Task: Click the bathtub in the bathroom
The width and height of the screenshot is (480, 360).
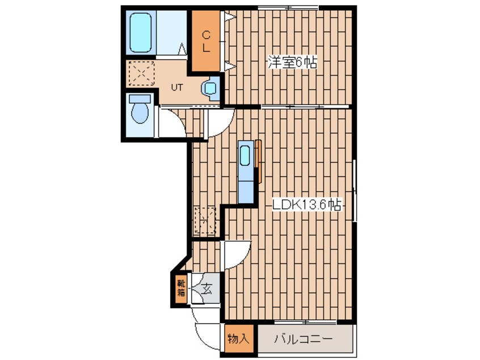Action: (x=141, y=32)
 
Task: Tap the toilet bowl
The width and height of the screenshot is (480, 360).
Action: (x=140, y=112)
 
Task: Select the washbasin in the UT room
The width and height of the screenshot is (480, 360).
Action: (x=210, y=89)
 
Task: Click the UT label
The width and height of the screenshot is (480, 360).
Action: (x=177, y=87)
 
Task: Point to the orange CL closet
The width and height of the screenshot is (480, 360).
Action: (x=206, y=41)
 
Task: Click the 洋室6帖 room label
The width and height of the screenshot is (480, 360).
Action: (x=292, y=62)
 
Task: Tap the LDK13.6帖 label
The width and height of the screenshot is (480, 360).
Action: (x=307, y=204)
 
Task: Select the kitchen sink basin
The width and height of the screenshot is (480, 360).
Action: (x=245, y=156)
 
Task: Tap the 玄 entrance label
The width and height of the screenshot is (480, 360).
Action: (x=208, y=288)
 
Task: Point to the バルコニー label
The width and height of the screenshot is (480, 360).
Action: (x=303, y=339)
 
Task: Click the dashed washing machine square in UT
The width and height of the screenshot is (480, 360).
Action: (x=141, y=73)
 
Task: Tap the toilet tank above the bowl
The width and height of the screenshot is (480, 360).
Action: (x=140, y=99)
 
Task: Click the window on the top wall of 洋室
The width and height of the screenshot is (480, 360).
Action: (x=288, y=7)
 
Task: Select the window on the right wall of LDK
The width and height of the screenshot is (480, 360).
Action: (x=355, y=190)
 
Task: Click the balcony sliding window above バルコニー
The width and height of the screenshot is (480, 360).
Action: (x=305, y=322)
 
